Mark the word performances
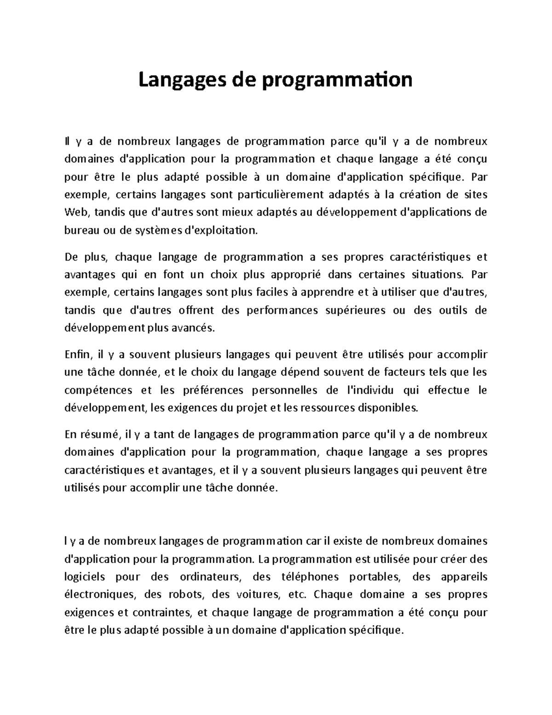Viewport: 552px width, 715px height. [x=282, y=310]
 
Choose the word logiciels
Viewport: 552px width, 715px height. [x=85, y=577]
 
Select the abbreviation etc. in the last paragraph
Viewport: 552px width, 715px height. [x=296, y=595]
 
